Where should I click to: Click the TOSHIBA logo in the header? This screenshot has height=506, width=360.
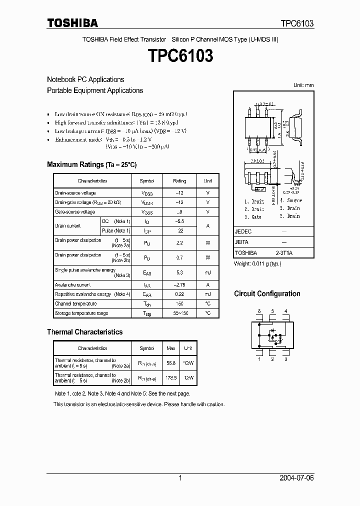[x=72, y=23]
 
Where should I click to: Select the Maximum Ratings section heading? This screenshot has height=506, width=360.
[x=91, y=164]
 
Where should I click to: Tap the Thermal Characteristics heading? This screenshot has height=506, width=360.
[x=84, y=331]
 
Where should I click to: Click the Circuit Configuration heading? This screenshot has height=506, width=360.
[x=267, y=293]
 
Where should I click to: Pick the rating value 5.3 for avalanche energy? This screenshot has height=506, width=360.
[x=180, y=272]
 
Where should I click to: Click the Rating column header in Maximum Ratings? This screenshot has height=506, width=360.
[x=179, y=181]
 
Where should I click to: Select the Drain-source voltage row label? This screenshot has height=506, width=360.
[x=75, y=193]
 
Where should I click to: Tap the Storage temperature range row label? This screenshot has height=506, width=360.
[x=81, y=313]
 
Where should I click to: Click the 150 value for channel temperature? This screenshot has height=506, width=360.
[x=180, y=304]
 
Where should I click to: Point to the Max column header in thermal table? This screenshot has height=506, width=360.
[x=170, y=348]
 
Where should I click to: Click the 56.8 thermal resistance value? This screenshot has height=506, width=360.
[x=170, y=362]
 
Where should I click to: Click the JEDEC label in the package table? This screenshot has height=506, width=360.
[x=243, y=232]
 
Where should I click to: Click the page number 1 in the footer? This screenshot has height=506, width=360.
[x=180, y=478]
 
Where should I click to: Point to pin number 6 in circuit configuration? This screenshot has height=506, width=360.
[x=259, y=311]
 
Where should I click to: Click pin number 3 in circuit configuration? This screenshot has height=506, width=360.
[x=285, y=359]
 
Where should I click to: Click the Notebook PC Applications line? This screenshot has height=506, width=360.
[x=85, y=79]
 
